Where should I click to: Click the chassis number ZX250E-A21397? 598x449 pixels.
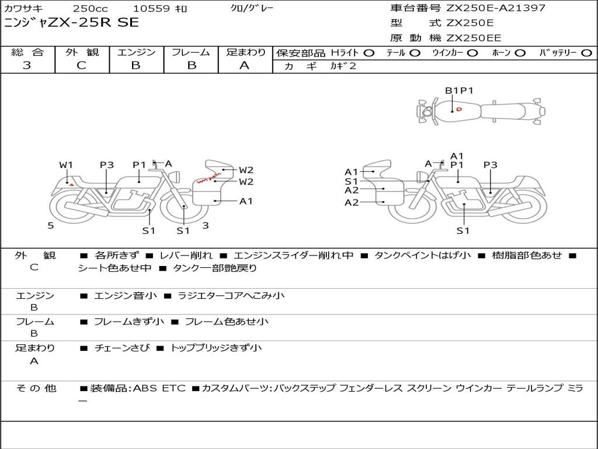496,8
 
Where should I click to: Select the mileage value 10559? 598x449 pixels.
151,9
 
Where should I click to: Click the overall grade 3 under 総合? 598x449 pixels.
27,65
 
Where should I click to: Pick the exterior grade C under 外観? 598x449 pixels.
82,65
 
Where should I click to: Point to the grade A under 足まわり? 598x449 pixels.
245,65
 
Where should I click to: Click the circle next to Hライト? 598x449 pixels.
369,53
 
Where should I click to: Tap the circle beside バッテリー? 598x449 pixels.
587,53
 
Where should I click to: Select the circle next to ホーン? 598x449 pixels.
520,53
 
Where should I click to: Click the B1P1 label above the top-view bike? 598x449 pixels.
459,91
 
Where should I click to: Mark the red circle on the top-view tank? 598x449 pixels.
459,109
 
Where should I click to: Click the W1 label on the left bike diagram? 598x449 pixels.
66,165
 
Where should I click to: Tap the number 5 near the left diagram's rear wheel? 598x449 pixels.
51,226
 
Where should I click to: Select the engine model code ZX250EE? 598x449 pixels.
474,38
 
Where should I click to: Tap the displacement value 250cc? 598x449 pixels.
91,9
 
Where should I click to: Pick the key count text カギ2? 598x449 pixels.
343,66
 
